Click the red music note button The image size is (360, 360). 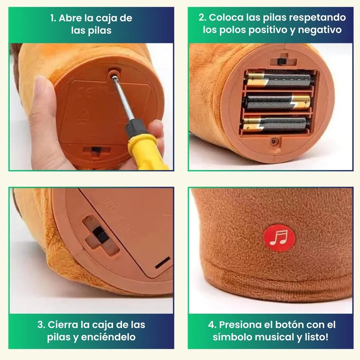point(279,238)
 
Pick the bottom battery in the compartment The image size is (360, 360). point(276,125)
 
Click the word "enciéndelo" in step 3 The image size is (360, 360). point(108,337)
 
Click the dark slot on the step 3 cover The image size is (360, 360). point(163,262)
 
